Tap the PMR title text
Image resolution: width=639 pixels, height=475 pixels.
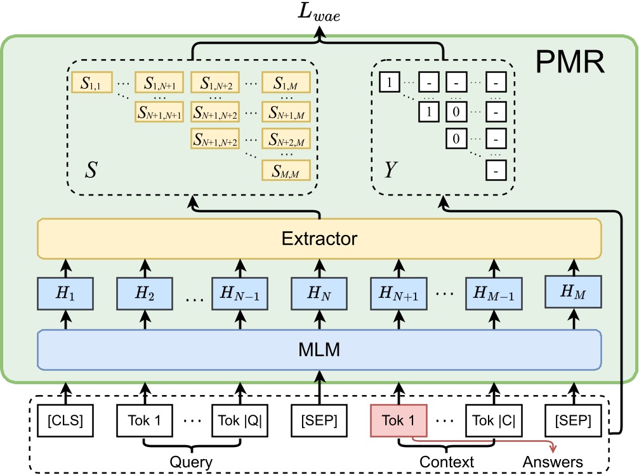570,62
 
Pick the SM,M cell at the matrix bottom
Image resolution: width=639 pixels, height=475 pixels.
282,170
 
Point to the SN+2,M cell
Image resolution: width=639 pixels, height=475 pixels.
282,139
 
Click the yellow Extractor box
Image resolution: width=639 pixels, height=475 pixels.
319,239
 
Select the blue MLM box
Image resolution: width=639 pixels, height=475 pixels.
319,350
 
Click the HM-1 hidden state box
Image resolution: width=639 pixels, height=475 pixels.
493,293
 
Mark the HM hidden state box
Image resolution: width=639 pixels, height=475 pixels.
572,292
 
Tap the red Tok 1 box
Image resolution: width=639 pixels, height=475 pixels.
399,420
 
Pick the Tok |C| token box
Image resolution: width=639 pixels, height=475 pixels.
493,420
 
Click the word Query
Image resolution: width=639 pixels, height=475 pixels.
192,461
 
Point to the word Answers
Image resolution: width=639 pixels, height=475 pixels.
552,461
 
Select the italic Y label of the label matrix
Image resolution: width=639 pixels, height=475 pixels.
392,170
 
